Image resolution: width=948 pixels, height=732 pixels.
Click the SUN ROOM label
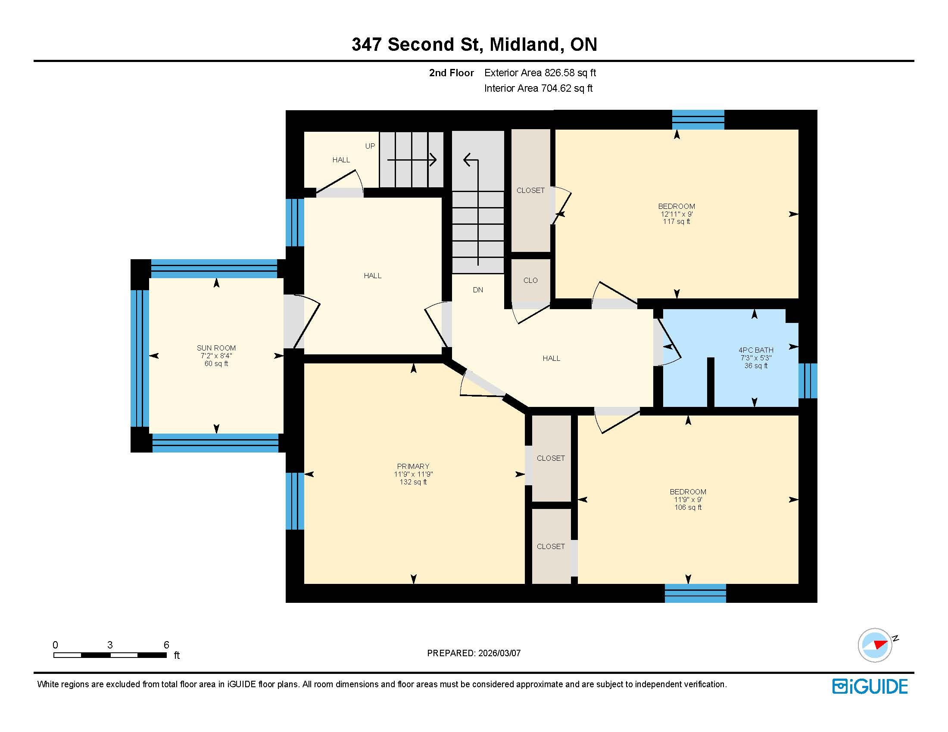(216, 348)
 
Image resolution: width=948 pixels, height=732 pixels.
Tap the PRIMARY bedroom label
(413, 466)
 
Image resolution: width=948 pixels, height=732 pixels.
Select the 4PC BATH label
(756, 350)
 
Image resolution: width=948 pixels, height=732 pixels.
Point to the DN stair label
(478, 290)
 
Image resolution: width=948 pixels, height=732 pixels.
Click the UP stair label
(370, 146)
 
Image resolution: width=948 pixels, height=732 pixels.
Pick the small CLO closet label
(530, 280)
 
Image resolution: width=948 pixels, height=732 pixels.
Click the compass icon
(875, 645)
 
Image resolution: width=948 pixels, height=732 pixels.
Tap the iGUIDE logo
(870, 686)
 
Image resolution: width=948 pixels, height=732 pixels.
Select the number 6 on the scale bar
(166, 645)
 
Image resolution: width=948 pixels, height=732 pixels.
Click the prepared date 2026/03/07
(499, 653)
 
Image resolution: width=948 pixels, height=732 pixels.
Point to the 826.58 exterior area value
(559, 73)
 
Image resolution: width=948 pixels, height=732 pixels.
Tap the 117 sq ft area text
(676, 222)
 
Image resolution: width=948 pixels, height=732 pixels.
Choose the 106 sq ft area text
(688, 507)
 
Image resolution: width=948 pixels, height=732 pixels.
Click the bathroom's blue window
(808, 381)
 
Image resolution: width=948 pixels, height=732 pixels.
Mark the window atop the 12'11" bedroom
(698, 120)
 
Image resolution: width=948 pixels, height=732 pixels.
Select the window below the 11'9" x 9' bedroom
(695, 593)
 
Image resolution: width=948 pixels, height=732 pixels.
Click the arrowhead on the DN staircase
(467, 160)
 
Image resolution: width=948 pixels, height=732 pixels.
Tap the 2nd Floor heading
(452, 73)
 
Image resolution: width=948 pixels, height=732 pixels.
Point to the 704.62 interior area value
(555, 88)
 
